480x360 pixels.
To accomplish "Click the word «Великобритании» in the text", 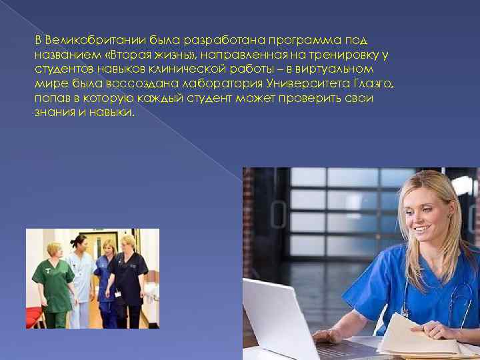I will click(x=85, y=41).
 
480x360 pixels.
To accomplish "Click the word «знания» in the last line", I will click(x=53, y=111).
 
